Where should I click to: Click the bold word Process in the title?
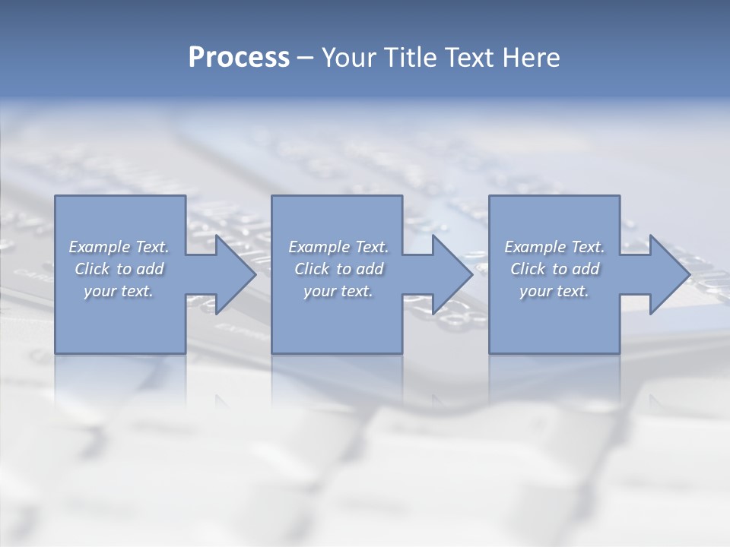click(239, 58)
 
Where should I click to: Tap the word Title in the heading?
click(411, 58)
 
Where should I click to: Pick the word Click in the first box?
click(92, 269)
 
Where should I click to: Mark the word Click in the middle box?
click(312, 269)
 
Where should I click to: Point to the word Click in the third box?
click(528, 269)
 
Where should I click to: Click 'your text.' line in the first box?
click(119, 291)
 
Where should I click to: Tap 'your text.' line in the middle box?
click(338, 291)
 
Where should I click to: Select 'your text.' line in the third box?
click(554, 291)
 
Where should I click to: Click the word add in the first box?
click(151, 269)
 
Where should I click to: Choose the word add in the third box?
click(586, 269)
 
